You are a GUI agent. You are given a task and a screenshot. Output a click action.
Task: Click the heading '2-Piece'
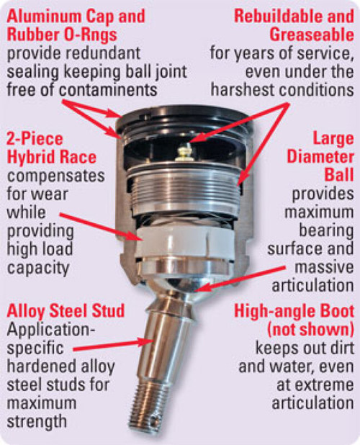35,138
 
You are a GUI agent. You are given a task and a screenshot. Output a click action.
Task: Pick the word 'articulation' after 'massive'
315,286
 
